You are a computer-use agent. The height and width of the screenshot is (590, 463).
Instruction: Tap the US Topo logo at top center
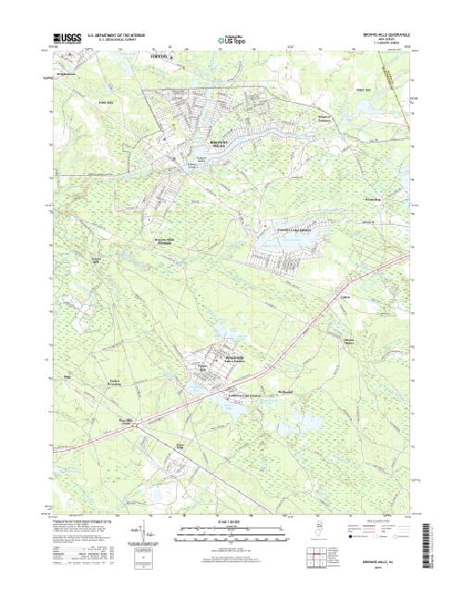click(x=230, y=41)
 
